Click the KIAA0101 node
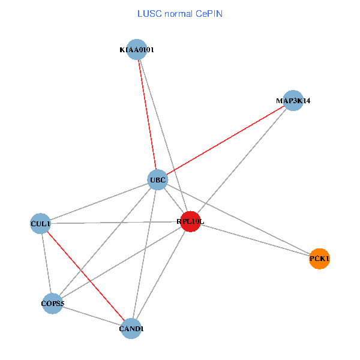tap(137, 50)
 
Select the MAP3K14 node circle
tap(293, 101)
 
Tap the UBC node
tap(157, 180)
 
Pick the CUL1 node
tap(41, 224)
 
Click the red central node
tap(190, 221)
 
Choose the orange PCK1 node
tap(320, 259)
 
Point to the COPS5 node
tap(53, 304)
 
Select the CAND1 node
tap(131, 328)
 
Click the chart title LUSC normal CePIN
tap(180, 13)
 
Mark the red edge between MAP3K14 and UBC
tap(225, 140)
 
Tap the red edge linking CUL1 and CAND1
tap(86, 276)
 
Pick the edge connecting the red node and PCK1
tap(255, 240)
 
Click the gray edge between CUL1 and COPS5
tap(47, 264)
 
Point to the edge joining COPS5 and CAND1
tap(92, 316)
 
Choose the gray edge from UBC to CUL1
tap(99, 202)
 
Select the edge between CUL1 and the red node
tap(115, 223)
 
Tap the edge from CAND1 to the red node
tap(161, 275)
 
